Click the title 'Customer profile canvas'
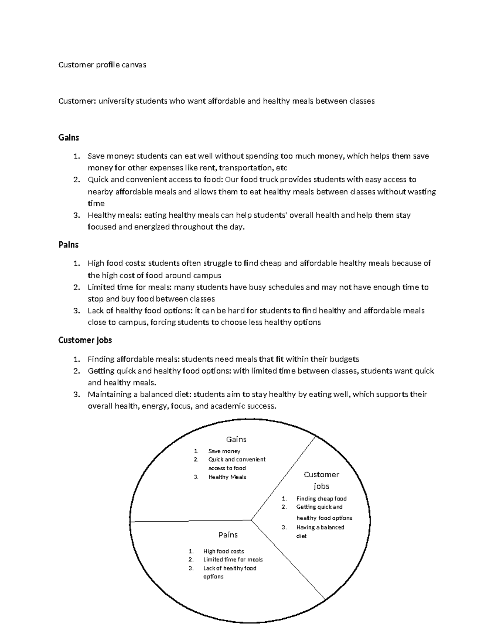102,65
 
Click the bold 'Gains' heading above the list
68,137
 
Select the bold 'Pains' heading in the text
68,245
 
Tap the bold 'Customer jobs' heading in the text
85,340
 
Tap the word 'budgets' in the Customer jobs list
344,359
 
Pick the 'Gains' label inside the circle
236,439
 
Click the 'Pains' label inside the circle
228,535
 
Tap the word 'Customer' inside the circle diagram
321,474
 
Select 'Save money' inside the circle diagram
224,451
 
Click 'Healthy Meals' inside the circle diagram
227,477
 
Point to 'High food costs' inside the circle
223,551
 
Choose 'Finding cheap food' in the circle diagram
321,498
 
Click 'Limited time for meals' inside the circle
233,559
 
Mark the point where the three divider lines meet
251,519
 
